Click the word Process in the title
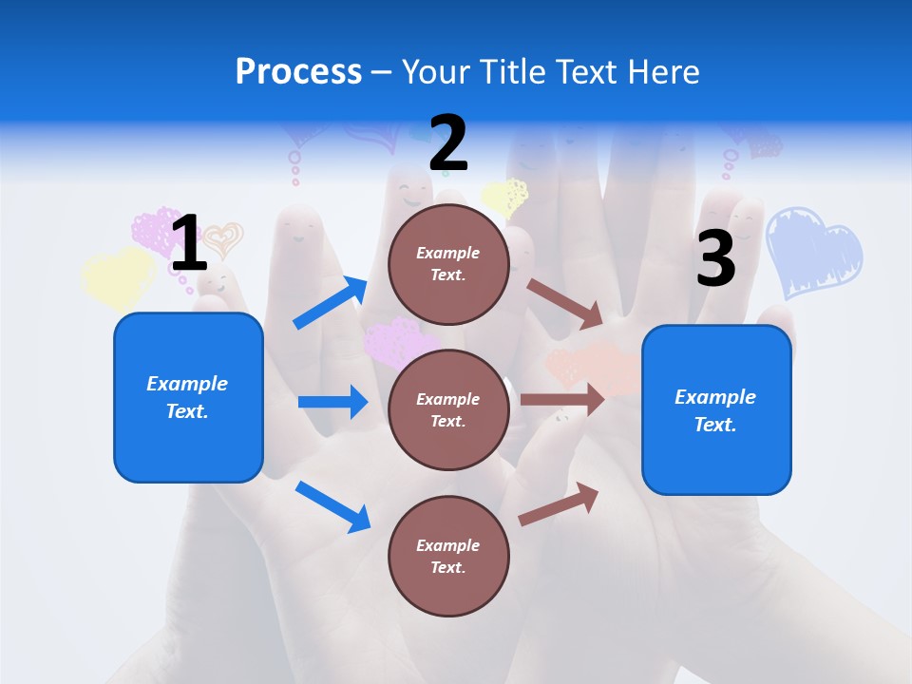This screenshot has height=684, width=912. (298, 72)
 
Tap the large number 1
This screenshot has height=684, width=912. (188, 243)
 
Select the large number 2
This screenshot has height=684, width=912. (448, 143)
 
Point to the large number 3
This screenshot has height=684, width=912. (715, 258)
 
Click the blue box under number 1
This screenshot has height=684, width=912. (188, 397)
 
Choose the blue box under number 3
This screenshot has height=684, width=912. (716, 410)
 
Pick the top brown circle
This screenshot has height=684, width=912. (448, 264)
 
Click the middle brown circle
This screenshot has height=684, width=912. (448, 409)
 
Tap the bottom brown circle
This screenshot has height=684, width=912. (448, 556)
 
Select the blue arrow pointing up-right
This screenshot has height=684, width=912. (331, 303)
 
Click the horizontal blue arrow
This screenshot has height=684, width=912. (332, 402)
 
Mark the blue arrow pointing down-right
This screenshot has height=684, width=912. (332, 505)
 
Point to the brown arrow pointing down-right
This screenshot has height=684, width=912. (565, 303)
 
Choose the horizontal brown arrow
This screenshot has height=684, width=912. (562, 400)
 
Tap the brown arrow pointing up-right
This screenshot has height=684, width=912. (559, 504)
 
